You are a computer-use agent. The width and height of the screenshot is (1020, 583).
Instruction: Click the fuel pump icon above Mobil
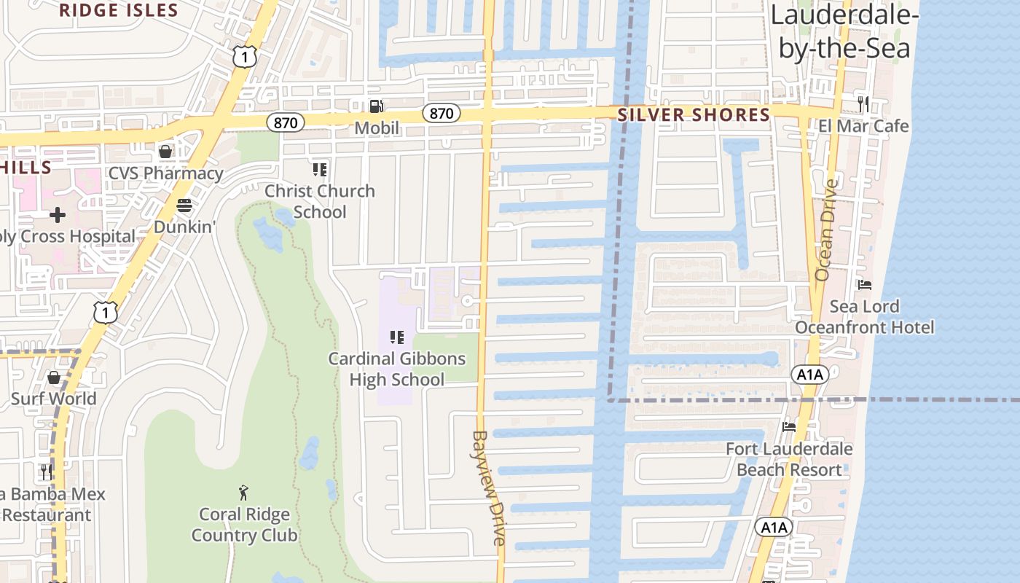tap(376, 106)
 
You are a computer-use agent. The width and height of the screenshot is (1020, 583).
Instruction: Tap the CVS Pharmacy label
tap(165, 173)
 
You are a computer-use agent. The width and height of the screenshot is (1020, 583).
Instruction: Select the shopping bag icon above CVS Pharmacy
tap(165, 152)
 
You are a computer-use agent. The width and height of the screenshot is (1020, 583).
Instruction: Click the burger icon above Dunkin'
tap(184, 206)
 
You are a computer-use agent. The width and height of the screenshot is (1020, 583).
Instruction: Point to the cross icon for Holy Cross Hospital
tap(57, 215)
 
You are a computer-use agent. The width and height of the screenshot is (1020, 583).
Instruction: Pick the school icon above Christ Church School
tap(319, 170)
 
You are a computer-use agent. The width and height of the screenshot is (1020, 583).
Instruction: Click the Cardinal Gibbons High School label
tap(396, 369)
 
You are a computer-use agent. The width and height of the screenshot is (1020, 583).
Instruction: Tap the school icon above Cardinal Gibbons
tap(396, 337)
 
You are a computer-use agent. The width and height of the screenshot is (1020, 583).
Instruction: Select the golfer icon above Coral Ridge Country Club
tap(244, 493)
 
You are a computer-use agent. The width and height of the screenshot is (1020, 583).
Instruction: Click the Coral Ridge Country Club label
tap(244, 525)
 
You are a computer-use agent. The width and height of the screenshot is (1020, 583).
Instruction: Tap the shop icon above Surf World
tap(53, 377)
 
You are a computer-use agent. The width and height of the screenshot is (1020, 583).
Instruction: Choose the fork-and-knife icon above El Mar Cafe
tap(863, 103)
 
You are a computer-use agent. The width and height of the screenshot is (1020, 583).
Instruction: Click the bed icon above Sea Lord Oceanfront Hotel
tap(864, 284)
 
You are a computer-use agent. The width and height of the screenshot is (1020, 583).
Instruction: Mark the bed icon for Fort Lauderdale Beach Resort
tap(788, 427)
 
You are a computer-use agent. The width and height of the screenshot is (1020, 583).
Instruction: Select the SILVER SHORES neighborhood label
tap(694, 115)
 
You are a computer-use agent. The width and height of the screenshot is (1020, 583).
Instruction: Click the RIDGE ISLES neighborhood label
tap(118, 10)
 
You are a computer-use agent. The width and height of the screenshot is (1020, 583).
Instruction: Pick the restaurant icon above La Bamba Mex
tap(47, 472)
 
